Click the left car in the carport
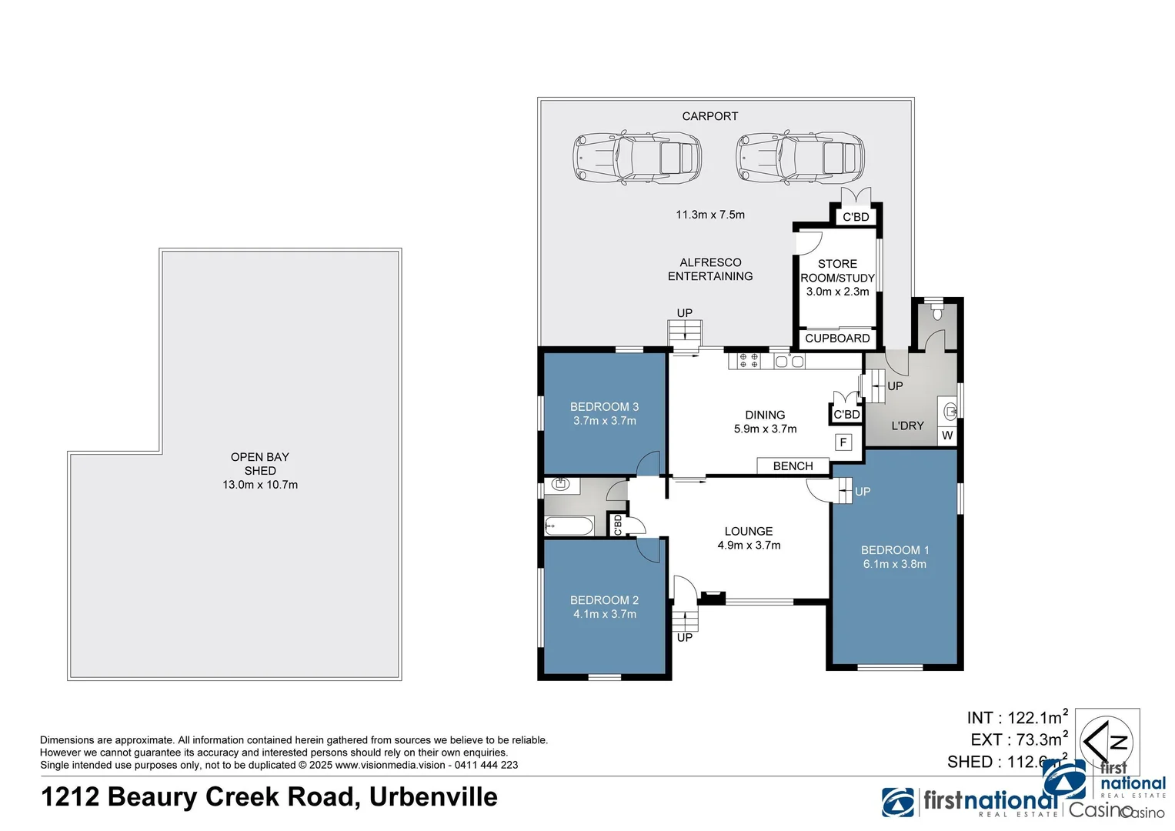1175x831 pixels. click(636, 158)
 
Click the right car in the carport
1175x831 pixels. click(799, 158)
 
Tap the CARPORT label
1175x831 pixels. click(709, 116)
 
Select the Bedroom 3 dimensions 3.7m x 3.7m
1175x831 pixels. click(604, 421)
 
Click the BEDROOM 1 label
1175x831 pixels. click(894, 550)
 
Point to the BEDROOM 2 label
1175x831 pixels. click(604, 600)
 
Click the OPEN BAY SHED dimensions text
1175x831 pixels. click(260, 485)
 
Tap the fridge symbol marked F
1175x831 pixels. click(843, 442)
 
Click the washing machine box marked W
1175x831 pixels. click(947, 436)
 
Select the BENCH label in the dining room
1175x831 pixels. click(793, 466)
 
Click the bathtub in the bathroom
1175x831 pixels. click(569, 526)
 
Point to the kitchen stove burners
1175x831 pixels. click(749, 360)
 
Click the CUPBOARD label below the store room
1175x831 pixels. click(837, 339)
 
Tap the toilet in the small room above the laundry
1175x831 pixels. click(936, 312)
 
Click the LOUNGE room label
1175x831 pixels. click(748, 532)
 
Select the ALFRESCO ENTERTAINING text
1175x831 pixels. click(709, 269)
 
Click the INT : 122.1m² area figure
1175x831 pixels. click(1016, 717)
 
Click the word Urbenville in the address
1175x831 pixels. click(433, 797)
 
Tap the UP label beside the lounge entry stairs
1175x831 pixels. click(684, 637)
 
